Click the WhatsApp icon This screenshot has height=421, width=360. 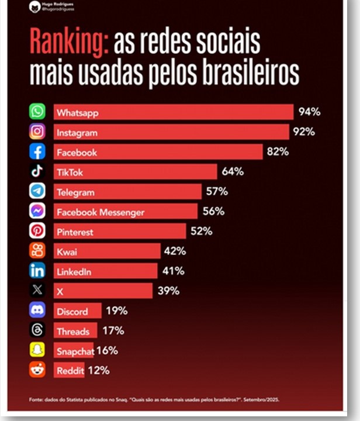point(37,112)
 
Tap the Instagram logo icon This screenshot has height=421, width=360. point(37,132)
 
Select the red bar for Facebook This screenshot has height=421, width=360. point(158,152)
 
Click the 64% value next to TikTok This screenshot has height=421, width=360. point(233,171)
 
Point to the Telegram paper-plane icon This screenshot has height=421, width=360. point(37,191)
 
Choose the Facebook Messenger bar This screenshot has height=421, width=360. point(126,212)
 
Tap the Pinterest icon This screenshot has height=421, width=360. point(37,231)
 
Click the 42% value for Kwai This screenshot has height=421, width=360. point(175,251)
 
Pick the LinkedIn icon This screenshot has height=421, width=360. point(37,271)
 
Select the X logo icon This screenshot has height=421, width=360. point(37,291)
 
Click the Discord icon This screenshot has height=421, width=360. point(37,310)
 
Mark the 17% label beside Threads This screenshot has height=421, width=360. point(113,330)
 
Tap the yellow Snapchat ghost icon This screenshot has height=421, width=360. point(37,350)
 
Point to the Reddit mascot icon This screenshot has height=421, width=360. point(37,370)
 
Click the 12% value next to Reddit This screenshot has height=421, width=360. point(98,370)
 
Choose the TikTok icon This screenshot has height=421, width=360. point(37,171)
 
